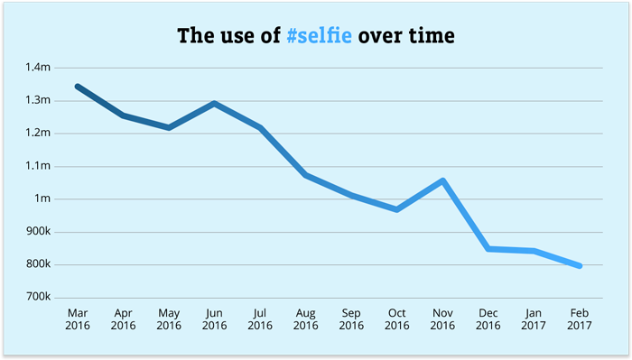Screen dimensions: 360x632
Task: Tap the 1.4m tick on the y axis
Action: click(38, 68)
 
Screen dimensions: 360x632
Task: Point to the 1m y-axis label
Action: click(43, 198)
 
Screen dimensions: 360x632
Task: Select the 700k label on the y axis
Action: click(38, 298)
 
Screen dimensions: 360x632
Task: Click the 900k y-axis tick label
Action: click(38, 232)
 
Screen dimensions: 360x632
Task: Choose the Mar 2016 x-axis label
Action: click(78, 318)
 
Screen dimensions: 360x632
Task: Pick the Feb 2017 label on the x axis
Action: click(579, 318)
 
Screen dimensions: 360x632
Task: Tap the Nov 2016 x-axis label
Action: click(442, 318)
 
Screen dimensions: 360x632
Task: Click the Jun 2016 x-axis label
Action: click(214, 318)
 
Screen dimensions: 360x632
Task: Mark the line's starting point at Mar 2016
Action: click(78, 87)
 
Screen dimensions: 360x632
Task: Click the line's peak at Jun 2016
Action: click(214, 104)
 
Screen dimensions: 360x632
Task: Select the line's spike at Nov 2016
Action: click(442, 180)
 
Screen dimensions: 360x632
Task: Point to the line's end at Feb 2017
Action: click(579, 266)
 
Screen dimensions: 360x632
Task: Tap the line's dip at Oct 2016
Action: click(397, 209)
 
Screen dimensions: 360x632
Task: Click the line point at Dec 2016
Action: click(488, 248)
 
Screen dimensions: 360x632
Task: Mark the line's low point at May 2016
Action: click(169, 128)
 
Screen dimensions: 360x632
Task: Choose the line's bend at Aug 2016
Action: click(305, 175)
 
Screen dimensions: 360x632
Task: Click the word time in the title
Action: click(431, 37)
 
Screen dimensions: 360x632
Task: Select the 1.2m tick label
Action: click(38, 134)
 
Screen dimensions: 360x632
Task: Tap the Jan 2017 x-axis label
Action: click(534, 318)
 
